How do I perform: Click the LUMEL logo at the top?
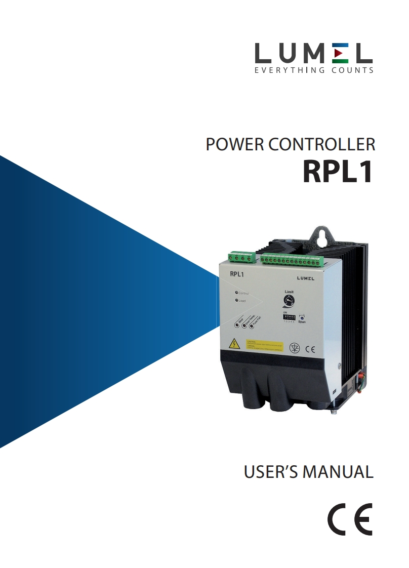pos(314,53)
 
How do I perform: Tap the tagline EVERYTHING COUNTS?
pos(314,70)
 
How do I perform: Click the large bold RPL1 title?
pos(338,171)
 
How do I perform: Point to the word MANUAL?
pos(338,472)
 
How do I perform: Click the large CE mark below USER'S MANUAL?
pos(349,519)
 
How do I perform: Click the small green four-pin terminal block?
pos(240,258)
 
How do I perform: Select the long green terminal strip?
pos(292,261)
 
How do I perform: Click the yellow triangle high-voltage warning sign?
pos(234,344)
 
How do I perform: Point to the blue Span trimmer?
pos(302,317)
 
